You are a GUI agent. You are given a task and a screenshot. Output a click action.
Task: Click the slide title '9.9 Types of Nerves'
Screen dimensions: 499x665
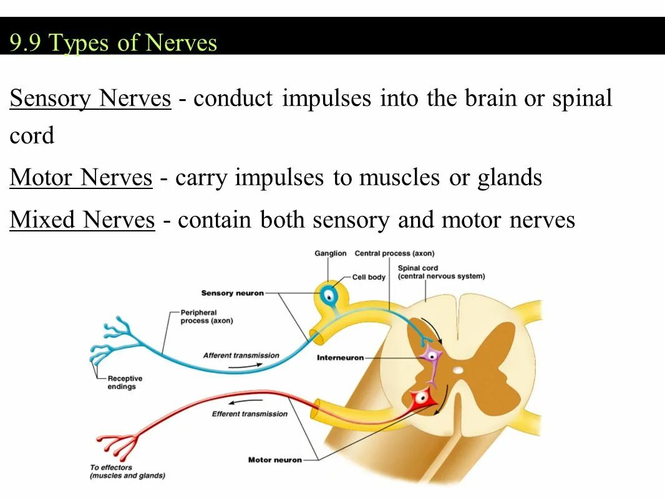(113, 43)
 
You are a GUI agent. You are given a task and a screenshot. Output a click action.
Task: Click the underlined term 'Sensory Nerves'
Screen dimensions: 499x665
(90, 99)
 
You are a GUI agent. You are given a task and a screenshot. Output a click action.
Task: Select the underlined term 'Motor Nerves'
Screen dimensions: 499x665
(81, 178)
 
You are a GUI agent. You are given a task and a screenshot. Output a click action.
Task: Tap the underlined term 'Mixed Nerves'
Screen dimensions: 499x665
(82, 220)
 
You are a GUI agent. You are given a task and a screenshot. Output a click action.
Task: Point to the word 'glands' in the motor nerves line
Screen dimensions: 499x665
(510, 178)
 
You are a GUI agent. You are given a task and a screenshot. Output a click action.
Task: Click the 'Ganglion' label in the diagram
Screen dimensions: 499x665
(330, 253)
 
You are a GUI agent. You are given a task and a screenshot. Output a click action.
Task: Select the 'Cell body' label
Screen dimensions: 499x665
(369, 277)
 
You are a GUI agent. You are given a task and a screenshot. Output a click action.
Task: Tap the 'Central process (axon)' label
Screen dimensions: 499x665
(394, 253)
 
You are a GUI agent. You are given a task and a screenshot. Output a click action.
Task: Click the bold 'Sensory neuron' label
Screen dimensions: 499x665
(232, 293)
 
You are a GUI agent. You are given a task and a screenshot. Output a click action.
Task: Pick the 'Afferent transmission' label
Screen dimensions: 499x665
(241, 356)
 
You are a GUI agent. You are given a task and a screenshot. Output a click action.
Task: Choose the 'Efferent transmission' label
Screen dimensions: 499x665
(250, 414)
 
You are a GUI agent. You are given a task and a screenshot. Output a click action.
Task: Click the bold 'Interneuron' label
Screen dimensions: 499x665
(339, 358)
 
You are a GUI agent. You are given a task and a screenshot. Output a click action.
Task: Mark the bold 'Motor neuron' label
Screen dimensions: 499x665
(274, 460)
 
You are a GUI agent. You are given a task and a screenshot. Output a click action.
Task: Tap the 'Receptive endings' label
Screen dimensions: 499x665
(125, 382)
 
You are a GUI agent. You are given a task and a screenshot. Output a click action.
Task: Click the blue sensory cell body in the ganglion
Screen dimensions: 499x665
(327, 296)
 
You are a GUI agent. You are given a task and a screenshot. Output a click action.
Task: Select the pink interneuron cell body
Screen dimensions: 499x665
(430, 356)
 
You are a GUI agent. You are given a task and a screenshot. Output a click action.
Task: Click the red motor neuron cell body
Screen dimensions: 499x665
(420, 396)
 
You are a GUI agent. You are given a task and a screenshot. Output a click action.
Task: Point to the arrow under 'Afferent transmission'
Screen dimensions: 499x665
(241, 366)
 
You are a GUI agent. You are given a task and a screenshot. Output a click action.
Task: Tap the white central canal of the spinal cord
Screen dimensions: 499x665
(459, 370)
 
